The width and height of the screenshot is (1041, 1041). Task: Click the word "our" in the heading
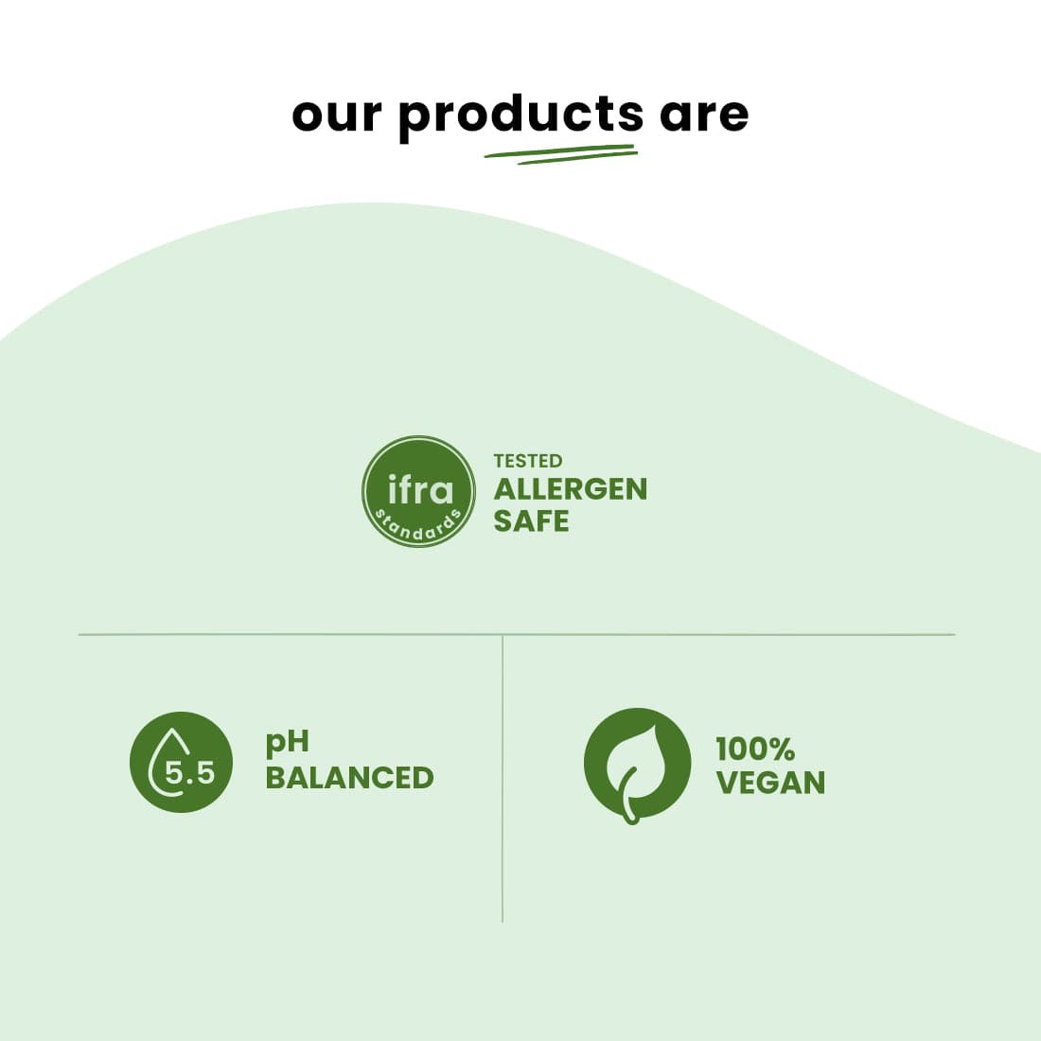tap(337, 115)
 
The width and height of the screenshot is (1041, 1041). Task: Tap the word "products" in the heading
tap(520, 115)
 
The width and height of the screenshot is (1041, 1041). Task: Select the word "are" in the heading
tap(704, 115)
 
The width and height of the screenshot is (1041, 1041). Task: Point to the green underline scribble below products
tap(560, 153)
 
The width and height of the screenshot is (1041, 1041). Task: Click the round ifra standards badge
tap(418, 491)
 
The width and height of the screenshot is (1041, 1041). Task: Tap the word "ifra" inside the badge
tap(420, 489)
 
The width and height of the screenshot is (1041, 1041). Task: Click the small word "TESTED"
tap(528, 461)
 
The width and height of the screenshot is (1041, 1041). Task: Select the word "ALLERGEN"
tap(571, 489)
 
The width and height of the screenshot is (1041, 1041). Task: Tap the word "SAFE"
tap(531, 520)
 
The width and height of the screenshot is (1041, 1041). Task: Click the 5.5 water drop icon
tap(181, 762)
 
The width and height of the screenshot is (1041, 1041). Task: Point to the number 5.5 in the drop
tap(189, 773)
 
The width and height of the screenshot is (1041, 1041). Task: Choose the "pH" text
tap(287, 744)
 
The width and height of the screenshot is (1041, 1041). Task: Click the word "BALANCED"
tap(349, 778)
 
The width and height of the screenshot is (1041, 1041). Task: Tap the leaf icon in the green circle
tap(637, 765)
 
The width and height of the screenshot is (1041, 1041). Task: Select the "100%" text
tap(755, 750)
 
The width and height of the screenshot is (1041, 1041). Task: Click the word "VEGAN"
tap(770, 783)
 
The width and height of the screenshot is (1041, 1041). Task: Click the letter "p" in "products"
tap(413, 118)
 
